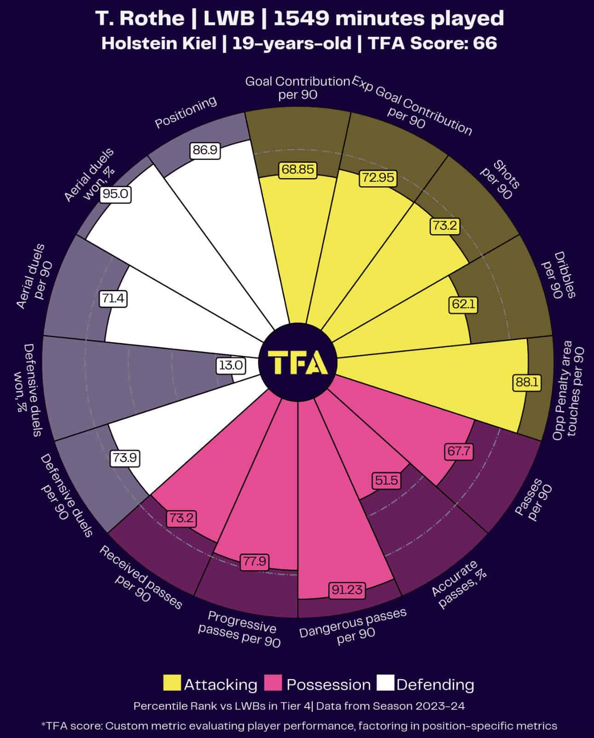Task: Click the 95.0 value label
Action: click(116, 194)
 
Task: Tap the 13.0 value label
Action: click(231, 366)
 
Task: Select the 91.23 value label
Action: click(347, 589)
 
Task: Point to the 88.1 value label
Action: click(527, 382)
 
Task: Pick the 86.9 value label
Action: click(205, 150)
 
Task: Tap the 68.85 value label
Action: click(298, 169)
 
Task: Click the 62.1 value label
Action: click(464, 304)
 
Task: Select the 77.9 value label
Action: click(255, 561)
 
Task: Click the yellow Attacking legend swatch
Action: click(172, 683)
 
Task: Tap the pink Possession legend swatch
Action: click(273, 683)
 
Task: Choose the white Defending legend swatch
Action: click(385, 683)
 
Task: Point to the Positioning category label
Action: click(186, 112)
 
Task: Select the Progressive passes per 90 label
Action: click(240, 629)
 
